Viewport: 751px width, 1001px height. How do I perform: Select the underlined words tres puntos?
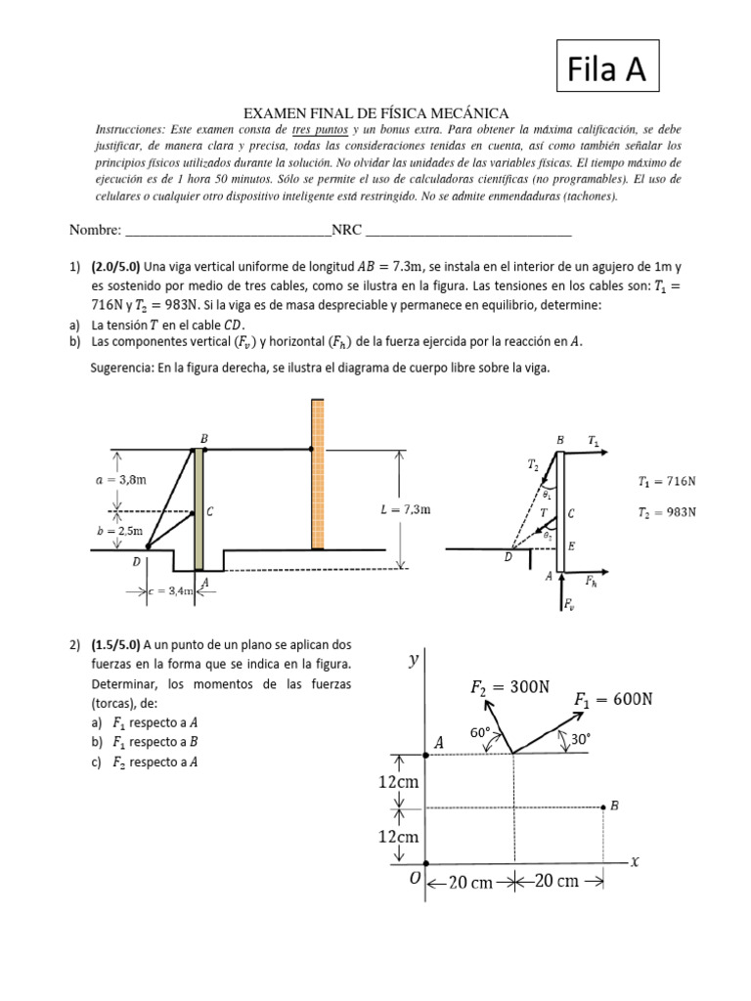coord(319,130)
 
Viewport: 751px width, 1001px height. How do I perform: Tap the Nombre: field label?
coord(95,231)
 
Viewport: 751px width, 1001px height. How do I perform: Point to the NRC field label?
coord(346,231)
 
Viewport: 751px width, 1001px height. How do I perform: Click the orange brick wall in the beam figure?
coord(317,475)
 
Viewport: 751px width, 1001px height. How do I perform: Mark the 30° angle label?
coord(579,741)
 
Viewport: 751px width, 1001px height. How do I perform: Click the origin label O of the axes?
coord(415,879)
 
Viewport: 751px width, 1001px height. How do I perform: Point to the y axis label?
coord(413,661)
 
